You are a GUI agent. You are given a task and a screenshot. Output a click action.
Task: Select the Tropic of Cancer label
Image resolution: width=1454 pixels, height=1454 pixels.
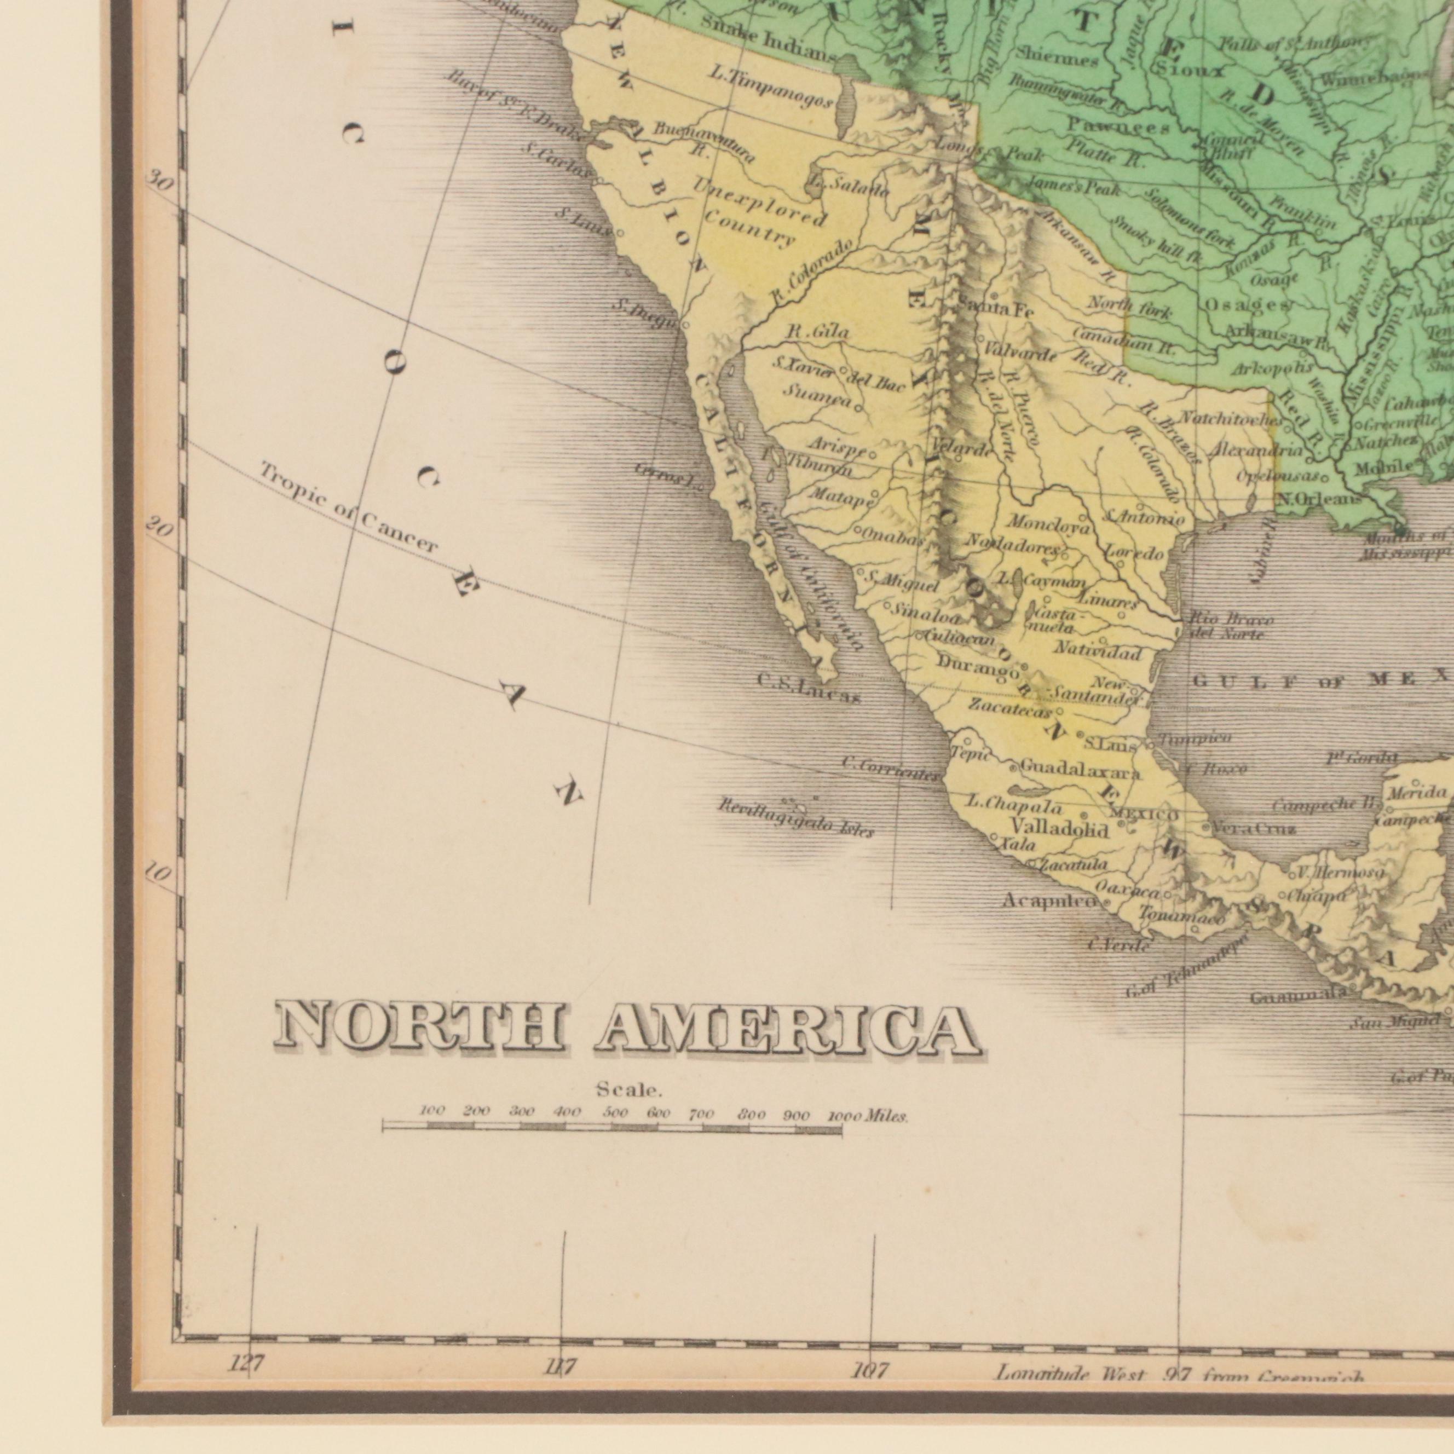coord(349,510)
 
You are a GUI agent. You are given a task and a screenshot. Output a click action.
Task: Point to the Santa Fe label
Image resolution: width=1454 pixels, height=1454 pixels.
coord(986,309)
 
